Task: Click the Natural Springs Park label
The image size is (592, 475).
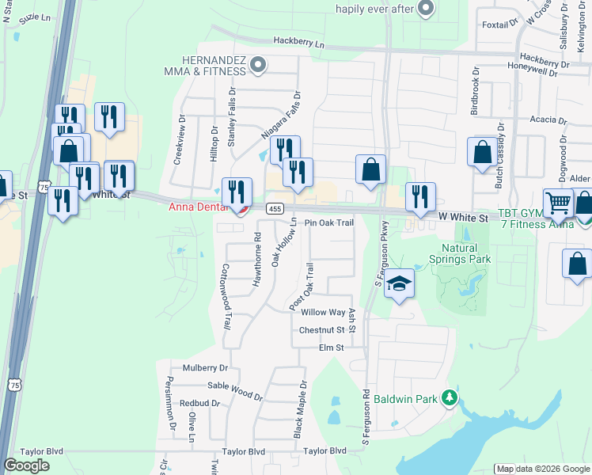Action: [460, 253]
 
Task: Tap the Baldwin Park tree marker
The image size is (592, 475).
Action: [450, 397]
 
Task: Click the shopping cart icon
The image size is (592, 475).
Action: [558, 203]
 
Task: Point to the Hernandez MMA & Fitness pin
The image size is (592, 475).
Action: [257, 65]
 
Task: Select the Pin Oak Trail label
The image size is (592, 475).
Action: [328, 223]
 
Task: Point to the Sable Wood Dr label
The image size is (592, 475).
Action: [235, 387]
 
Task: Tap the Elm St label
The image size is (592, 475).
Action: [331, 348]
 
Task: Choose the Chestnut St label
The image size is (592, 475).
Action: [322, 330]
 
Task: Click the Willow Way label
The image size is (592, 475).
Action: [323, 313]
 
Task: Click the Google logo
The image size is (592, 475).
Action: [26, 465]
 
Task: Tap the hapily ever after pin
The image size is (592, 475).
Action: [426, 9]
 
